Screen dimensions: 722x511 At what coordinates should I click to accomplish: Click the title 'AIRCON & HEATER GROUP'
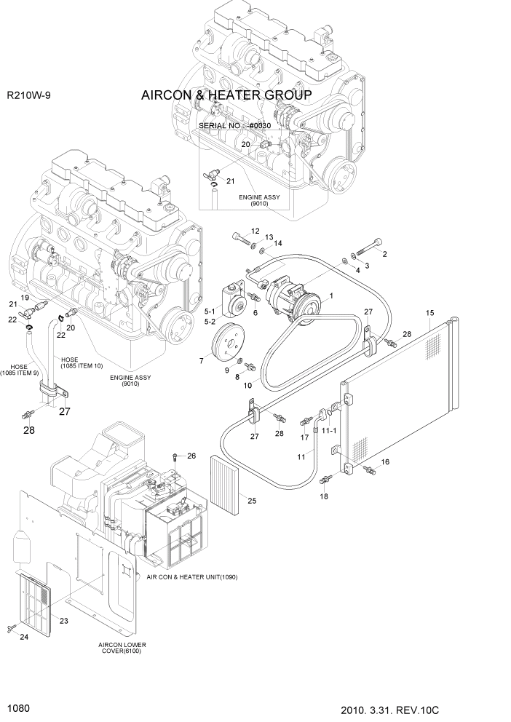point(226,96)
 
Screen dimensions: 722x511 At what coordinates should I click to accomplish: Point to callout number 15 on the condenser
point(430,314)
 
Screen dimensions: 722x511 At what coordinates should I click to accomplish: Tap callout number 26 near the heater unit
point(192,456)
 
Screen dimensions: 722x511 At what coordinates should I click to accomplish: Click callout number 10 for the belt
point(247,385)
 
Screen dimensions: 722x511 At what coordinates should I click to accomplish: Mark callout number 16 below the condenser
point(385,461)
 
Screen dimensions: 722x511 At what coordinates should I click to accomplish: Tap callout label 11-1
point(329,431)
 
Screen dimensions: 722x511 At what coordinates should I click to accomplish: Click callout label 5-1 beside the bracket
point(210,310)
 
